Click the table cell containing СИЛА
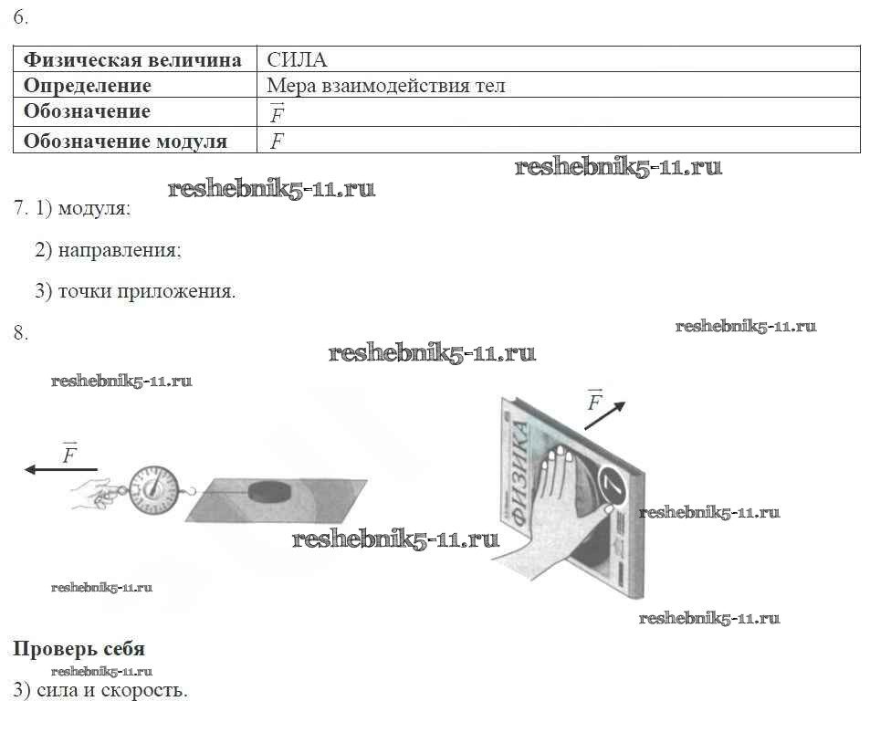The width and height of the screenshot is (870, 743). tap(297, 60)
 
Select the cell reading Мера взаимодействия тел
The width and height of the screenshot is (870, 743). tap(385, 87)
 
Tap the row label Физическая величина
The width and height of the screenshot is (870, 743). tap(132, 60)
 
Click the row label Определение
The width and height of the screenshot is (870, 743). tap(87, 87)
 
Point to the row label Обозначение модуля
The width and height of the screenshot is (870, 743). tap(125, 141)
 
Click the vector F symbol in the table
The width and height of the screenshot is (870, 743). tap(278, 114)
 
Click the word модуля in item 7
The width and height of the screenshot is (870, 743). tap(94, 208)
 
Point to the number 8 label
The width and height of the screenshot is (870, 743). tap(20, 333)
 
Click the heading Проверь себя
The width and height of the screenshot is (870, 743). tap(79, 649)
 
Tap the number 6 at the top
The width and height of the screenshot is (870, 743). tap(20, 17)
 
